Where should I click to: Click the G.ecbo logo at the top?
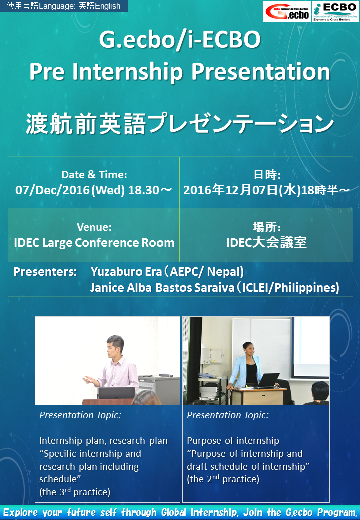tap(287, 11)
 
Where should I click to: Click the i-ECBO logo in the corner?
tap(335, 11)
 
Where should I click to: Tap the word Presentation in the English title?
tap(261, 72)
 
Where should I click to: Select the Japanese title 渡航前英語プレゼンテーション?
tap(180, 124)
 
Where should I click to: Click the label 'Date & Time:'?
tap(94, 175)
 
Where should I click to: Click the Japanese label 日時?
tap(267, 175)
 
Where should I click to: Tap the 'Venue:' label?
tap(94, 227)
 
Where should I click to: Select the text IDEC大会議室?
tap(267, 243)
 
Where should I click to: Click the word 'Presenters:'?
tap(45, 272)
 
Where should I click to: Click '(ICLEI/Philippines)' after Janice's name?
tap(287, 288)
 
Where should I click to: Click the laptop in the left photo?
tap(116, 393)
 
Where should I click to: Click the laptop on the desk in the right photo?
tap(268, 380)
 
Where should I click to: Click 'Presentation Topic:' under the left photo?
tap(80, 415)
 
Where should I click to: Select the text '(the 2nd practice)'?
tap(223, 479)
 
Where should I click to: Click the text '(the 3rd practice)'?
tap(75, 492)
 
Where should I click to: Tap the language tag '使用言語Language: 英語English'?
tap(63, 6)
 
